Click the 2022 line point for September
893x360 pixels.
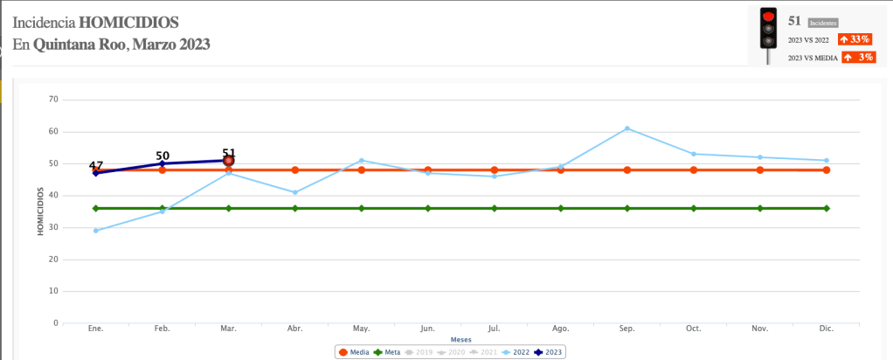tap(627, 128)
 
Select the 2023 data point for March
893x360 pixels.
tap(229, 161)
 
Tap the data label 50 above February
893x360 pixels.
tap(163, 156)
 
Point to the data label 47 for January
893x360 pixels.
tap(96, 165)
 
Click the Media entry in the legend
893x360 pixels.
tap(354, 352)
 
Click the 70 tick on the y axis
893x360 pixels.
tap(53, 100)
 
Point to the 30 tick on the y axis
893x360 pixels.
tap(53, 227)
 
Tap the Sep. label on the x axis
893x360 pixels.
tap(627, 329)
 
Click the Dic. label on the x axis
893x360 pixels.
tap(827, 329)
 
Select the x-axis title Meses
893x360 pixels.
tap(461, 339)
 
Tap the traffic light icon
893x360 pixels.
tap(768, 34)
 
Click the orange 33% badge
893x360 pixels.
tap(855, 39)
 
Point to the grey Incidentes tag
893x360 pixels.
tap(823, 23)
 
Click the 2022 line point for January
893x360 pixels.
tap(96, 231)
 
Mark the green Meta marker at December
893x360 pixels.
tap(827, 208)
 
